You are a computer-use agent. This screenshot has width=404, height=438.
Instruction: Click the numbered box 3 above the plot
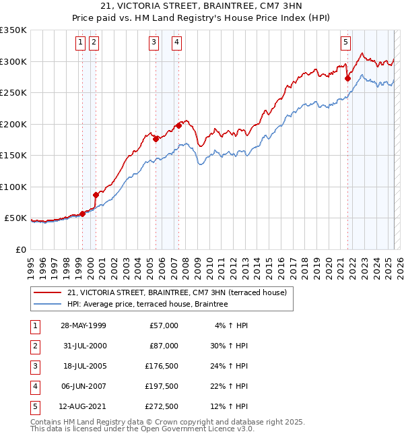coord(154,42)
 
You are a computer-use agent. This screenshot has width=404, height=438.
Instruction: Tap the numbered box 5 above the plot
coord(345,42)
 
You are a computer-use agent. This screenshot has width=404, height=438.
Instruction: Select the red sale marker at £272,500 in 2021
coord(348,78)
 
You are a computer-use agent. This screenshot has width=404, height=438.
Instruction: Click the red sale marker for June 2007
coord(178,125)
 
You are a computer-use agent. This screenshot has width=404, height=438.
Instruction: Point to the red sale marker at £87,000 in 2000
coord(96,195)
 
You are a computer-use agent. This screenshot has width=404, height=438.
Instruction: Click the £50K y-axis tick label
coord(15,218)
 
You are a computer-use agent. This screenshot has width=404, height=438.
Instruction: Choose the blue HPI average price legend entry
coord(147,305)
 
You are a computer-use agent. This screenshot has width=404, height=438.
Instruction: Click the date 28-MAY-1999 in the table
coord(83,325)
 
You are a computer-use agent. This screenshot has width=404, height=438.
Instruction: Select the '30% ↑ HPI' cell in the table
coord(228,346)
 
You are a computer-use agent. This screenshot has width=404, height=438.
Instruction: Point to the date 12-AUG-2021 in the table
coord(83,406)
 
